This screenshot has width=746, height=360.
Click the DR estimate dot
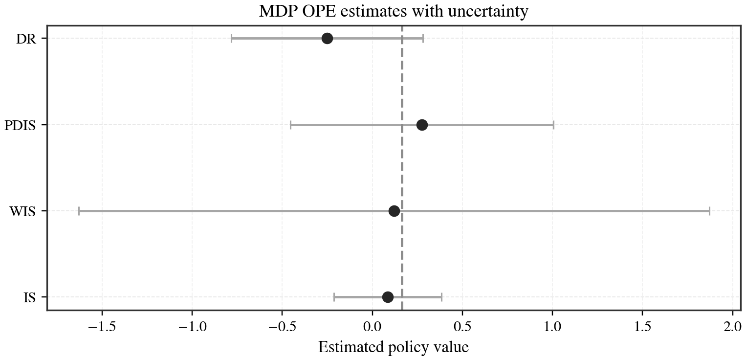[327, 39]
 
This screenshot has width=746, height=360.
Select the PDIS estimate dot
[422, 125]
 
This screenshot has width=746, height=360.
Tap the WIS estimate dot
[394, 211]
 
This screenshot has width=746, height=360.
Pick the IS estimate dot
[388, 297]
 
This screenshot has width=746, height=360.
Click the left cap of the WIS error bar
[79, 211]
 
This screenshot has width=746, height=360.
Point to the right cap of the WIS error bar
[709, 211]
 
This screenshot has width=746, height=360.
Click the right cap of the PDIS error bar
[553, 125]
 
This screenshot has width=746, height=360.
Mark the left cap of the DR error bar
[231, 39]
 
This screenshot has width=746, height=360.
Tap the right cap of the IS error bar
[441, 297]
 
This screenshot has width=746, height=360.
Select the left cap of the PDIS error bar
[290, 125]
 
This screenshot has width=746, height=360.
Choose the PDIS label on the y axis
[20, 126]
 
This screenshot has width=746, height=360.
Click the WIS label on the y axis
[22, 212]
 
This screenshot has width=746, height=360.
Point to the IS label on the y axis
[29, 298]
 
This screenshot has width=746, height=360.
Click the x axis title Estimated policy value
[394, 347]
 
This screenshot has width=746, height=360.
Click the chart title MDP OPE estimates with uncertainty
[394, 11]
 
